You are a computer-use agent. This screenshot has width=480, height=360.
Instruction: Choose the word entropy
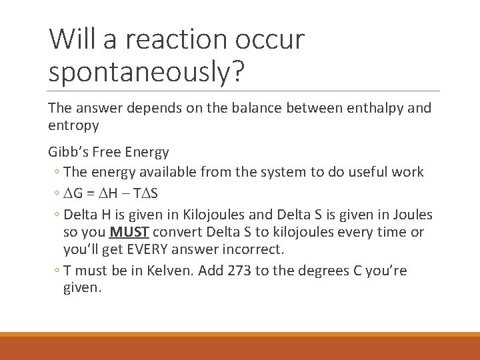tap(73, 125)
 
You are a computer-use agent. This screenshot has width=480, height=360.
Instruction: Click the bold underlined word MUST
tap(129, 232)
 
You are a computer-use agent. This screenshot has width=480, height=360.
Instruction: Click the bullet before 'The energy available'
tap(57, 172)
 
